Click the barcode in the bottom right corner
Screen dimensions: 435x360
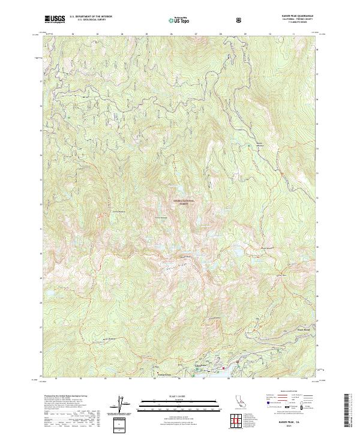point(350,410)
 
